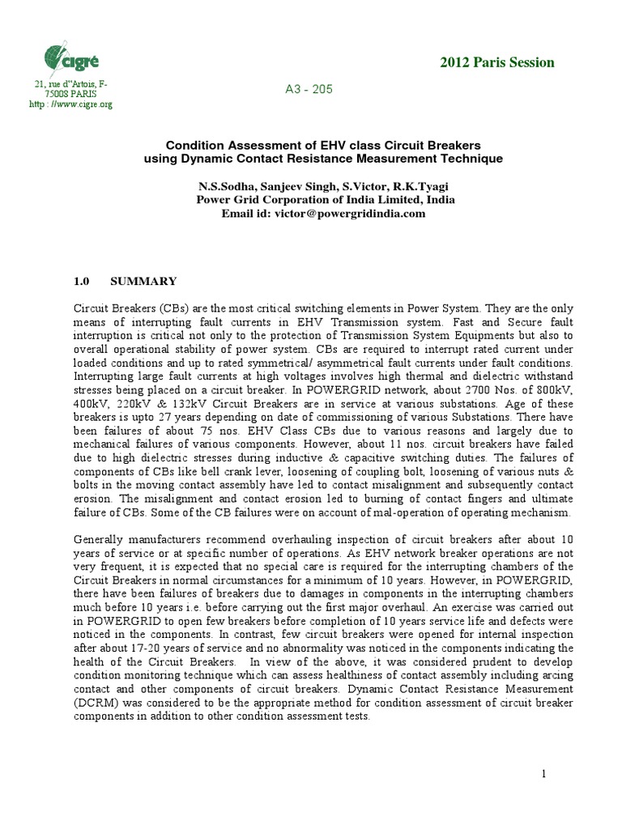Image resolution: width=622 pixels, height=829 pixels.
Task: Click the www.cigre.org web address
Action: [x=77, y=104]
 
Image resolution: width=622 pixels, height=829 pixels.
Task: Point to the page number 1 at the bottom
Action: [x=544, y=775]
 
